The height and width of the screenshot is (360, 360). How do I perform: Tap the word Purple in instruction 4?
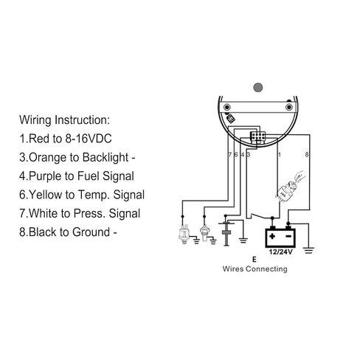click(45, 176)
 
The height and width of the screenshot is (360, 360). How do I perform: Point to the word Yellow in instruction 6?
click(46, 195)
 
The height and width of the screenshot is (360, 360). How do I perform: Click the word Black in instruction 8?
click(43, 232)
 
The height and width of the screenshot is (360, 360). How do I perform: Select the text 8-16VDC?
click(89, 139)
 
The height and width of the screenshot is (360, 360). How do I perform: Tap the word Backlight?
click(105, 158)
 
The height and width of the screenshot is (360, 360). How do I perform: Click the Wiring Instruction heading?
click(64, 120)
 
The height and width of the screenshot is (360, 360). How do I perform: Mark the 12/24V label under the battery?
click(280, 252)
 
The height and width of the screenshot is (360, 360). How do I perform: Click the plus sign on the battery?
click(272, 236)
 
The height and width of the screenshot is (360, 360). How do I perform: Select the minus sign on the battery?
click(288, 236)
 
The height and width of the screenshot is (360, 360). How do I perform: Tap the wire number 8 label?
click(307, 154)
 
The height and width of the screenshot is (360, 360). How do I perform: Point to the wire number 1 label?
click(279, 154)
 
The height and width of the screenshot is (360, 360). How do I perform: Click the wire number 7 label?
click(230, 154)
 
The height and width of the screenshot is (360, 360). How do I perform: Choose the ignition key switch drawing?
click(290, 186)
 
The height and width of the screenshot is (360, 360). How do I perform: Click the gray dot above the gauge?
click(258, 87)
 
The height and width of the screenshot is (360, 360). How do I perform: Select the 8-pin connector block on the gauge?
click(257, 136)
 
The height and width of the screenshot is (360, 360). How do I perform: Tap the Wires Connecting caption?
click(255, 269)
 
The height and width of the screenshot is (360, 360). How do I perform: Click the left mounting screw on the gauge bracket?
click(226, 108)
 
